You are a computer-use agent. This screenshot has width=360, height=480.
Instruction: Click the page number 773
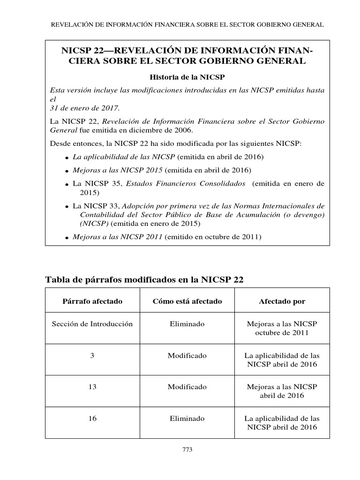click(x=187, y=450)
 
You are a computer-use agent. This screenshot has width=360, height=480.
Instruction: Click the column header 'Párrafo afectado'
click(x=92, y=301)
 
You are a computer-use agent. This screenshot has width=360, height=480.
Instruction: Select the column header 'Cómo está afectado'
click(x=187, y=301)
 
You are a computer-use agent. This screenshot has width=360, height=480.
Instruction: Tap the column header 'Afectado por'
click(x=282, y=301)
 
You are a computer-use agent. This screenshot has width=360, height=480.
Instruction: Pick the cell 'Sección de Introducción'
click(x=92, y=324)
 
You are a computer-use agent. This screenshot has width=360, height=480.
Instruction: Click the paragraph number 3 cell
click(x=92, y=356)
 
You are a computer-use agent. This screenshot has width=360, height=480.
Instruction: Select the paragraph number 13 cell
click(x=92, y=387)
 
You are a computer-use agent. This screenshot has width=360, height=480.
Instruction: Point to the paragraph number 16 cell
click(x=92, y=419)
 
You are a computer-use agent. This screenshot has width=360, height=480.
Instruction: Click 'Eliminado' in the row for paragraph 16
click(x=187, y=419)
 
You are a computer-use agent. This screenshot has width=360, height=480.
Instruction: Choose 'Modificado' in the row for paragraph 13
click(x=187, y=387)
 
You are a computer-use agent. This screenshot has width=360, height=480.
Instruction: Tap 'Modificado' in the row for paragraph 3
click(x=187, y=356)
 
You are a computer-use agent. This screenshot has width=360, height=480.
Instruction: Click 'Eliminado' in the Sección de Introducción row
click(x=187, y=324)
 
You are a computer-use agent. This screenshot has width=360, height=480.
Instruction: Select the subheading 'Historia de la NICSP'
click(x=187, y=77)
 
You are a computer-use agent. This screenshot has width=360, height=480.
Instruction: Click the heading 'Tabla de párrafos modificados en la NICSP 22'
click(x=144, y=280)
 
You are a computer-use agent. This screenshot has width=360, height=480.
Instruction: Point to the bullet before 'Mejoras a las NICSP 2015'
click(x=68, y=171)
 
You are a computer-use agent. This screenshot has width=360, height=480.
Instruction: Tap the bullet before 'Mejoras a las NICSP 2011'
click(x=68, y=238)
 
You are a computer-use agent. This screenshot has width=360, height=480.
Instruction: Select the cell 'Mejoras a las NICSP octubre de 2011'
click(x=282, y=328)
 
